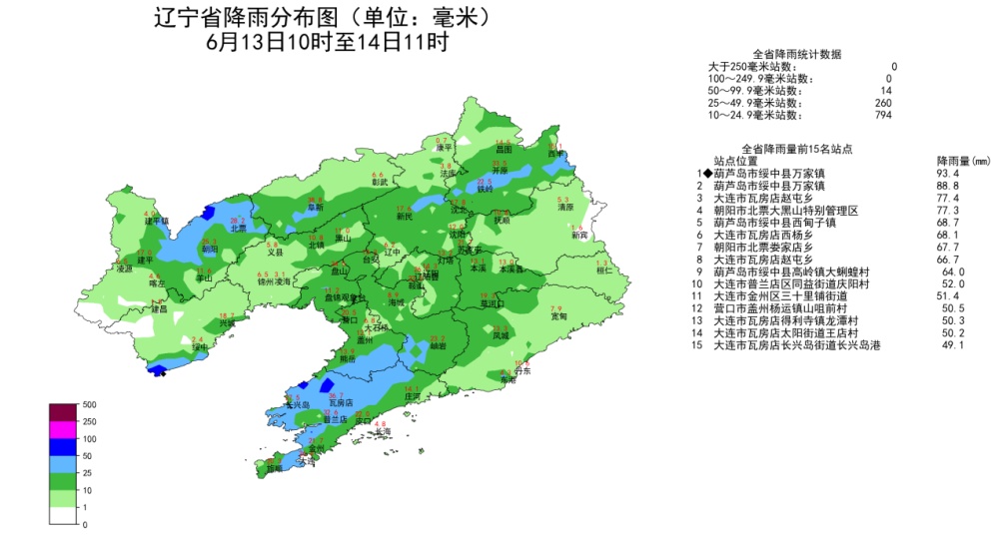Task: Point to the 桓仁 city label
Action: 603,271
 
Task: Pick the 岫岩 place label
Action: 438,346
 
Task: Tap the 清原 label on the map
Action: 565,208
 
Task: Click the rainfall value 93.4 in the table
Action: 948,173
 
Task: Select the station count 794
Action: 882,116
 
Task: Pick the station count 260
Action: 882,103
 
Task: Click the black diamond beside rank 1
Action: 707,173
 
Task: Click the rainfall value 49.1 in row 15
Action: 957,344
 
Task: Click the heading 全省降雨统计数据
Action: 797,54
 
